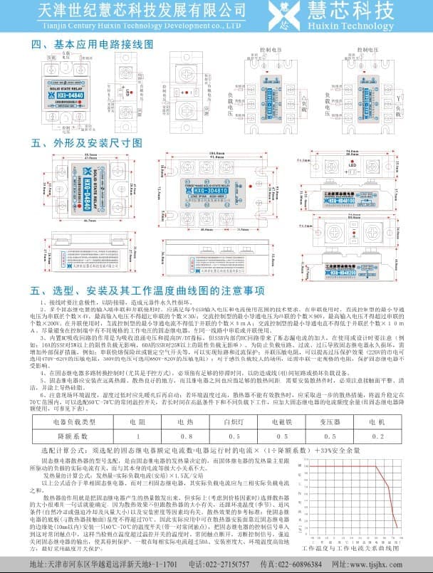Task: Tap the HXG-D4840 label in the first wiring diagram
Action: pos(71,93)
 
